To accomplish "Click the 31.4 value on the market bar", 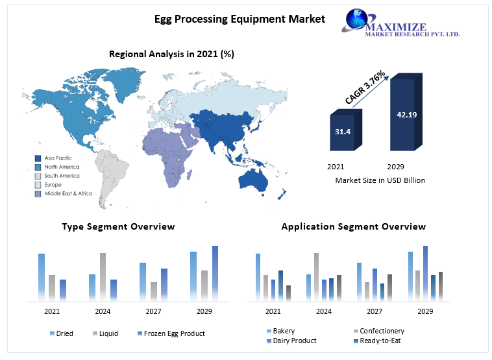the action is coord(343,132).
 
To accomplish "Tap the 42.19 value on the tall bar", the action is coord(407,115).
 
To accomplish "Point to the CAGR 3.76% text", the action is coord(365,87).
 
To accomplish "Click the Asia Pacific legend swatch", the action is coord(38,158).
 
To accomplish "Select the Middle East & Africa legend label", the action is coord(68,193).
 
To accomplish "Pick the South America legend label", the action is coord(62,176).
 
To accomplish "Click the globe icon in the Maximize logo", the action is coord(356,19).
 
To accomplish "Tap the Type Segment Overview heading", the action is coord(118,226).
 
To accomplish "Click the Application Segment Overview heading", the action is coord(354,226).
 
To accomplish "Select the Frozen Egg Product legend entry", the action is coord(171,333).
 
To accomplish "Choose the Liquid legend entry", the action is coord(105,333).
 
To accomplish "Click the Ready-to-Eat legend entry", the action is coord(377,341).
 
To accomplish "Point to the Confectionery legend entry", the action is coord(379,331).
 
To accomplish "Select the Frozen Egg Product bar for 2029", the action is coord(215,274).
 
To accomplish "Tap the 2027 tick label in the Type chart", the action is coord(153,311).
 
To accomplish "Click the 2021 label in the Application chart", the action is coord(273,311).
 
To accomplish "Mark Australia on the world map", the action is coord(253,180).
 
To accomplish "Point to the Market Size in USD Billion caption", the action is coord(380,180).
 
